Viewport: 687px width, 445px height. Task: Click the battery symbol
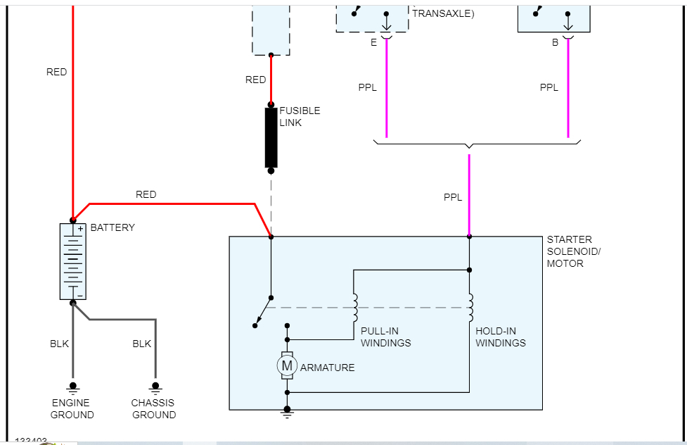72,261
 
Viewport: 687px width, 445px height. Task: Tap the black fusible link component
271,138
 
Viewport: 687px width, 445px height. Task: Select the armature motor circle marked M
286,365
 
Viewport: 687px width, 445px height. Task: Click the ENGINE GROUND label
72,408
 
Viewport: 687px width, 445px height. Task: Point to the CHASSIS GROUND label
154,408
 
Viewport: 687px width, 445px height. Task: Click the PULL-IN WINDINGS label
385,337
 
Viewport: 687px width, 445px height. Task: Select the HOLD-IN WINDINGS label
500,337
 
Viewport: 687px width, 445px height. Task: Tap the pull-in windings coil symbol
356,307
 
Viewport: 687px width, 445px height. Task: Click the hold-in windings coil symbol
470,307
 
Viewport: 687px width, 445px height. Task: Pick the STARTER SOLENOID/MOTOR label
574,251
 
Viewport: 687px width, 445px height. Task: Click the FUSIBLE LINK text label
300,116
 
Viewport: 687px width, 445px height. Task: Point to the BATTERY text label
113,227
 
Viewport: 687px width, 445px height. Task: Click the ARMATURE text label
327,368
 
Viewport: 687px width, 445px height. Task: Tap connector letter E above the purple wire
373,42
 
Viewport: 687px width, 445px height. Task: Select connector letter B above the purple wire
555,42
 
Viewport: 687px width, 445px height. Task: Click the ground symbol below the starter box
287,413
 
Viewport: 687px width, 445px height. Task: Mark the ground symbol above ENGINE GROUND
72,387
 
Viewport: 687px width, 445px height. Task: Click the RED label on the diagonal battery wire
146,194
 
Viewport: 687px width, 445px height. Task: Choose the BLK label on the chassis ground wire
142,344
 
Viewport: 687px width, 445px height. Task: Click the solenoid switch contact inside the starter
264,311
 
